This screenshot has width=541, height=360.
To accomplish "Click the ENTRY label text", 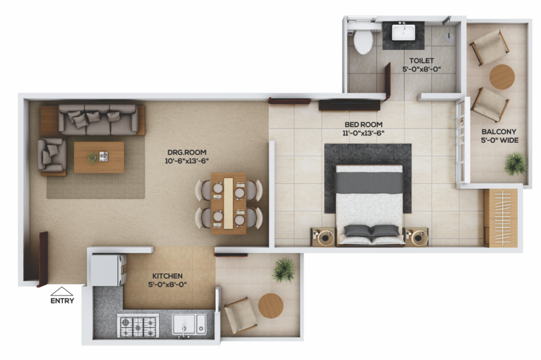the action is (62, 301).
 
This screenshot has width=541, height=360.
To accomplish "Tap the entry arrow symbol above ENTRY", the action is (62, 291).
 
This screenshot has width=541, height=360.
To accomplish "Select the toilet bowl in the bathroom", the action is (363, 40).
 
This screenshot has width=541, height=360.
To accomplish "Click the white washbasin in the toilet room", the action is (403, 32).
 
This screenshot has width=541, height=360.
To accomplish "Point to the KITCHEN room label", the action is (167, 276).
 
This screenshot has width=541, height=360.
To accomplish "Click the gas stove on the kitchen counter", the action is (138, 326).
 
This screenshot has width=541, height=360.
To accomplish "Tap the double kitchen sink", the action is (189, 325).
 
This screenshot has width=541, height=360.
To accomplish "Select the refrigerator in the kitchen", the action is (108, 270).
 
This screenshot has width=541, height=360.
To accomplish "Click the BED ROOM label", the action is (363, 124).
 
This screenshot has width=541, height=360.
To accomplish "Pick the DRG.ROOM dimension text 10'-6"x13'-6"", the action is (186, 161).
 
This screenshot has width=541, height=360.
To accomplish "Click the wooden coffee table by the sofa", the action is (99, 157).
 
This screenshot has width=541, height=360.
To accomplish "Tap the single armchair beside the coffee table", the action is (52, 155).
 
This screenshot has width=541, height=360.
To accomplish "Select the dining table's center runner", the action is (228, 204).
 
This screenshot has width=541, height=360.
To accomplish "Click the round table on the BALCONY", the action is (502, 77).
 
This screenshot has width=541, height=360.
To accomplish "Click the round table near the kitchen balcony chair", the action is (271, 306).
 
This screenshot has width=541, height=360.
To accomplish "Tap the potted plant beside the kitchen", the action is (284, 270).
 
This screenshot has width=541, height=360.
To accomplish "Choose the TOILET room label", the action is (422, 60).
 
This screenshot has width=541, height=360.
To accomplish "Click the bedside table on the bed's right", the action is (416, 237).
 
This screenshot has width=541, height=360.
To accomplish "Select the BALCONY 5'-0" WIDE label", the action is (499, 136).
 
